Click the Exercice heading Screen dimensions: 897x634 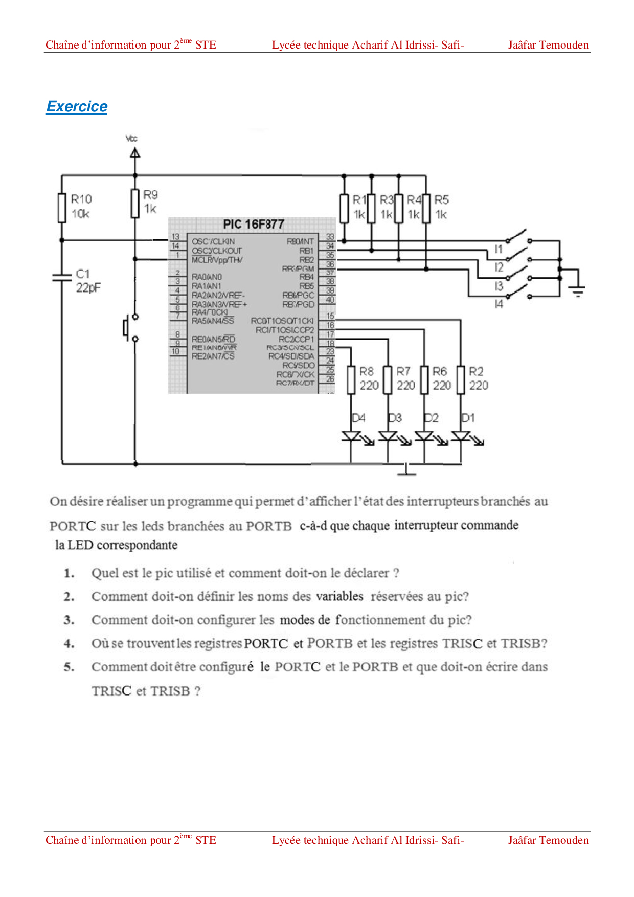[x=77, y=106]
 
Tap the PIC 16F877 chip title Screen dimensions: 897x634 [x=253, y=224]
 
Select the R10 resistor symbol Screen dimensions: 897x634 [x=62, y=208]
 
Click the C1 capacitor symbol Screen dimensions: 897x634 [x=62, y=277]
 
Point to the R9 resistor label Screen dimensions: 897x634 [x=150, y=195]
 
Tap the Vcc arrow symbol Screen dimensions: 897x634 [x=135, y=152]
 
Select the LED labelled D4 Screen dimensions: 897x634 [x=351, y=437]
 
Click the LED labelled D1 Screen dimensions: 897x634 [x=461, y=437]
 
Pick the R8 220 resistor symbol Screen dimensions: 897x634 [x=351, y=379]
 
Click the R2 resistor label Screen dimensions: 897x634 [x=476, y=371]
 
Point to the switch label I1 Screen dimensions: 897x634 [x=499, y=249]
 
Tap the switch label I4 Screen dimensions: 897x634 [x=499, y=304]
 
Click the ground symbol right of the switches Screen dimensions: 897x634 [x=577, y=290]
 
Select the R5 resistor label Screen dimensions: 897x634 [x=442, y=199]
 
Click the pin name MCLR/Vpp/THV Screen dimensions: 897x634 [x=217, y=260]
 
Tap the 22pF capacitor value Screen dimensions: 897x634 [x=88, y=288]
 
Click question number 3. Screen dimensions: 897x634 [x=69, y=620]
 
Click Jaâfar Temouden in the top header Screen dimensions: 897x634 [x=548, y=45]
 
